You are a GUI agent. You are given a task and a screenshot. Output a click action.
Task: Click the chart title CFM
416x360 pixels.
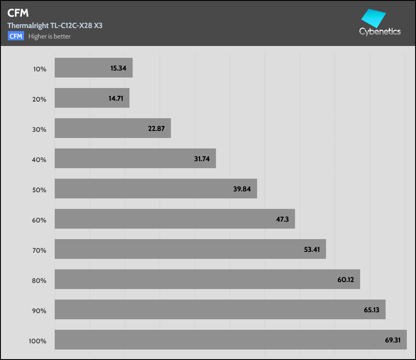pos(18,14)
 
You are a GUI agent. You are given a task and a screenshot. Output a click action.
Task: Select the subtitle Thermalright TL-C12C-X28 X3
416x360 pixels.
pos(55,25)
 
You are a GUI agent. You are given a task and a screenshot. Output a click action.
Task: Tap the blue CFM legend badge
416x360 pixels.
pos(16,36)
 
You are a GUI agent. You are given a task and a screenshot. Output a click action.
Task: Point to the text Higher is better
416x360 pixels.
pos(49,36)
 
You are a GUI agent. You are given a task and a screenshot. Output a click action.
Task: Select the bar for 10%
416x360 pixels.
pos(94,68)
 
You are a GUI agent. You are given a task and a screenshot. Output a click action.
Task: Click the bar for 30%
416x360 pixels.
pos(112,128)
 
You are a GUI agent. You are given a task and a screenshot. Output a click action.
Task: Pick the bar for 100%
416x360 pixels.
pos(231,339)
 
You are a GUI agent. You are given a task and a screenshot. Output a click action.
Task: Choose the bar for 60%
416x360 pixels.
pos(175,219)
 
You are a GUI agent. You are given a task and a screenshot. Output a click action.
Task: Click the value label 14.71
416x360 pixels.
pos(116,99)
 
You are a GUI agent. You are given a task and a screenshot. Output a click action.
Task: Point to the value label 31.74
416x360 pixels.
pos(202,159)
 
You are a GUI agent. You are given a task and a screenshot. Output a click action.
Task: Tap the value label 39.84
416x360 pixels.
pos(243,189)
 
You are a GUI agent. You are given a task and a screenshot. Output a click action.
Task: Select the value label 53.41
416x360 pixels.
pos(312,250)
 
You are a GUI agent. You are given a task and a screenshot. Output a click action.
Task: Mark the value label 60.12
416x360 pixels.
pos(346,280)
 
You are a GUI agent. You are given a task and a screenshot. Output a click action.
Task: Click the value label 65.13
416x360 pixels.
pos(371,310)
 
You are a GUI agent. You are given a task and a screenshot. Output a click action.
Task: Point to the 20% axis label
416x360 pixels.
pos(39,99)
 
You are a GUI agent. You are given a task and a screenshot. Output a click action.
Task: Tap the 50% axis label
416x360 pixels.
pos(39,190)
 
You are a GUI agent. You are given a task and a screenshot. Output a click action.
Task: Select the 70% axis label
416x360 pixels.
pos(39,250)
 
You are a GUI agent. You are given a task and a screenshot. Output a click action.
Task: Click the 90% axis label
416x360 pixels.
pos(39,311)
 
